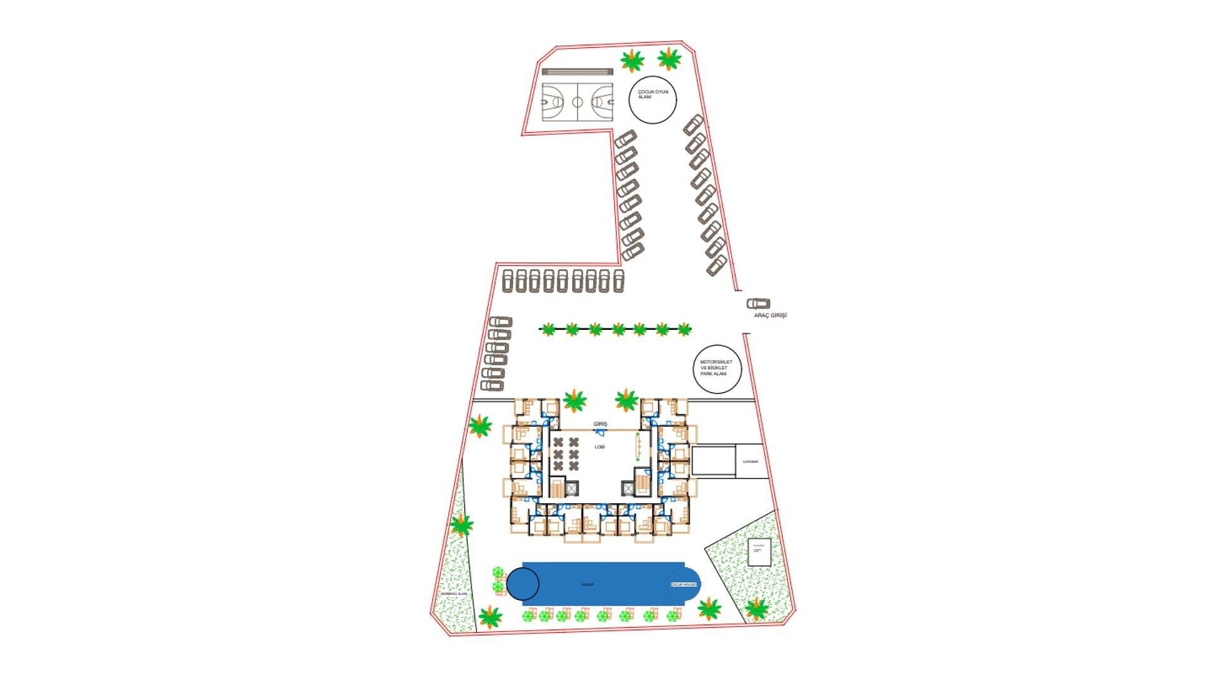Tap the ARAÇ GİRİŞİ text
coord(770,315)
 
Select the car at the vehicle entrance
coord(759,303)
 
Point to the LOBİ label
coord(599,446)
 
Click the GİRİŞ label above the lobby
coord(600,424)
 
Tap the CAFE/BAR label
coord(750,462)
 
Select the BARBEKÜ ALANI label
coord(454,594)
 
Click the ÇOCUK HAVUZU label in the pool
coord(684,584)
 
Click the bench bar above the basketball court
coord(577,72)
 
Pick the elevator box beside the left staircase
coord(572,488)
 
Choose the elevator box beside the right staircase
coord(628,488)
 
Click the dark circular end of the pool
coord(523,584)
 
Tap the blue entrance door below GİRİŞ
coord(601,433)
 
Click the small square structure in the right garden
coord(757,552)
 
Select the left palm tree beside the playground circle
coord(632,61)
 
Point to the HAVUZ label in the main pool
coord(587,584)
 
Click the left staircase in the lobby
coord(557,488)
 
